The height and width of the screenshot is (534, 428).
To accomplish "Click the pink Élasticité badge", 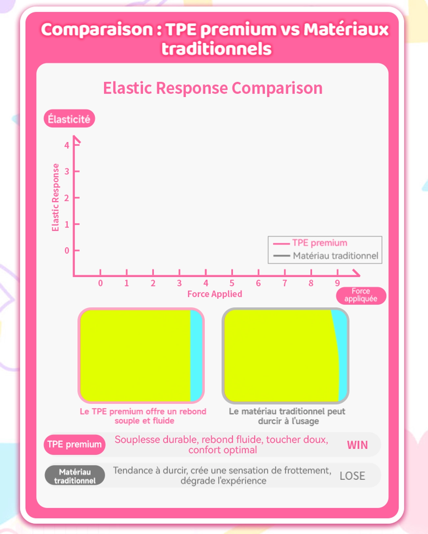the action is [x=69, y=118].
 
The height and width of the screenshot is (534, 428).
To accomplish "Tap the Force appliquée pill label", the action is [x=361, y=295].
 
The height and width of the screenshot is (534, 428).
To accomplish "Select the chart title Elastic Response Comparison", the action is [x=213, y=88].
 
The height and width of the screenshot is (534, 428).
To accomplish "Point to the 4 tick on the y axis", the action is [x=67, y=145].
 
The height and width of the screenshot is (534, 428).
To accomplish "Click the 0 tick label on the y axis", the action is [x=67, y=250].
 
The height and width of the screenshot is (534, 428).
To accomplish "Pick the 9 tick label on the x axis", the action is [x=337, y=283].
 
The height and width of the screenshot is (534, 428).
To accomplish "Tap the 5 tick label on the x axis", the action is [x=232, y=283].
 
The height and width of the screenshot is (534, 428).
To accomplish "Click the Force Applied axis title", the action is [x=215, y=294].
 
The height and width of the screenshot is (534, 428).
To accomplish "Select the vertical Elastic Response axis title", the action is [x=55, y=198].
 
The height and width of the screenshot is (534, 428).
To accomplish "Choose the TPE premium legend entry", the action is [x=310, y=243].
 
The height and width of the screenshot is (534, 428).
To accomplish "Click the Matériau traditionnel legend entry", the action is [x=326, y=256].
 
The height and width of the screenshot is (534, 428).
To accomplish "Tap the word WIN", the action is [x=357, y=445].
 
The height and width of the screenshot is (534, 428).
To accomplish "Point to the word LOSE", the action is [x=352, y=476].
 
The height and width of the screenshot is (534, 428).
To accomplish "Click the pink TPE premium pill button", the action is [x=74, y=444].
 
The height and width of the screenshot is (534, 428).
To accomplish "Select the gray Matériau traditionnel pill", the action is [x=75, y=475].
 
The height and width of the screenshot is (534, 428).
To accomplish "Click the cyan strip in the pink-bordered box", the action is [x=196, y=355].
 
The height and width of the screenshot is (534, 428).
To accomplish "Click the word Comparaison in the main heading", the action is [x=97, y=30].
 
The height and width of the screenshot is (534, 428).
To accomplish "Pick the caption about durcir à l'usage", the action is [x=287, y=416].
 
